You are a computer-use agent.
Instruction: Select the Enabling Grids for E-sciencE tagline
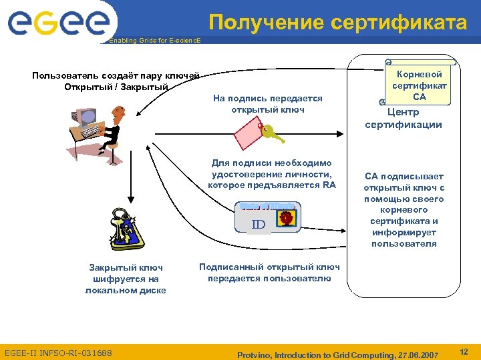[154, 41]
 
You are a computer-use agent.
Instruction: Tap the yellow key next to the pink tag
[271, 135]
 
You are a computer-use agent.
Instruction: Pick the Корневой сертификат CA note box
[419, 82]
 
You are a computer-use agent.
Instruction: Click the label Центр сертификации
[403, 119]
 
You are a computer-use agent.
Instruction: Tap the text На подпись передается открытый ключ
[267, 103]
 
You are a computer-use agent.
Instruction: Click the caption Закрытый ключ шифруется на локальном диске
[125, 279]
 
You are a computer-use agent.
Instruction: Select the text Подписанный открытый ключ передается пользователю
[269, 272]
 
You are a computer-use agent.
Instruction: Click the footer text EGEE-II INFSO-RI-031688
[58, 352]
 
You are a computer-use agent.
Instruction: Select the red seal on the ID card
[285, 217]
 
